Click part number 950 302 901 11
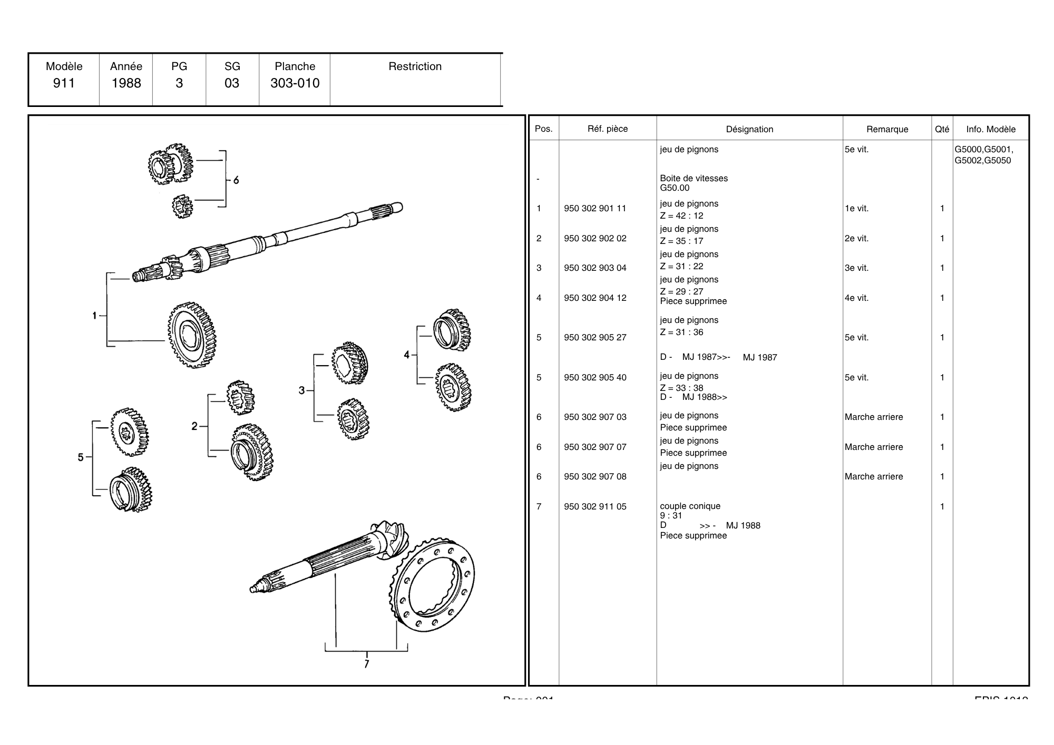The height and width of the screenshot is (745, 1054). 595,208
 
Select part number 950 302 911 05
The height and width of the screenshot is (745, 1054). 595,506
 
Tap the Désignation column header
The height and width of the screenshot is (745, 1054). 749,129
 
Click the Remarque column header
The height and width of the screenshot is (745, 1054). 887,129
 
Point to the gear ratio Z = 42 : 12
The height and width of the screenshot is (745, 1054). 681,215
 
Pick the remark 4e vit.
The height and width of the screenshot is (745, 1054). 856,298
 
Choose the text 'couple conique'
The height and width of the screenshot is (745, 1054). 690,506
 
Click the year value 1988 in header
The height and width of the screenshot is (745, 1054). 126,83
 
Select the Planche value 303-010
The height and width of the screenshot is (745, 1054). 295,83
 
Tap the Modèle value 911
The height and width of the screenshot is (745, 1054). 64,83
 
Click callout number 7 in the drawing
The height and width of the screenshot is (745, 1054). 366,664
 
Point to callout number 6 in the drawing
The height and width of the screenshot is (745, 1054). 236,180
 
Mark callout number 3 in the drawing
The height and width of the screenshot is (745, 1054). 301,390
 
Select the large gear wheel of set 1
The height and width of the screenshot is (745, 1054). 192,335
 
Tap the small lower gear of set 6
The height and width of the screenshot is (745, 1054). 182,207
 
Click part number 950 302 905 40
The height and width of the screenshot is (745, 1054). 595,377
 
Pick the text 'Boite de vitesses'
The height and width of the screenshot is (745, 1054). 694,178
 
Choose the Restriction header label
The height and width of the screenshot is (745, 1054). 415,66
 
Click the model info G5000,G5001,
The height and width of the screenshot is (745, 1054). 983,149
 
